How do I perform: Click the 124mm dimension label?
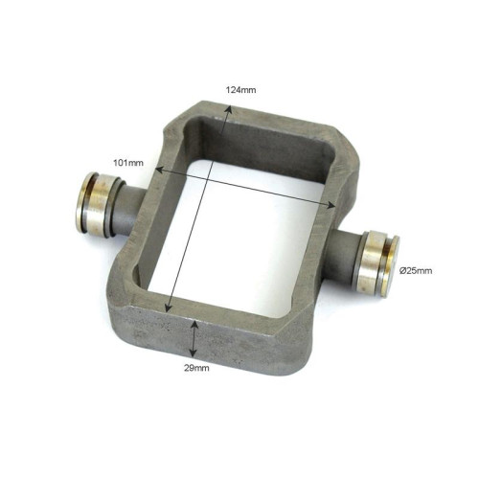click(240, 90)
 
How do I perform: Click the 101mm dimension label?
click(128, 163)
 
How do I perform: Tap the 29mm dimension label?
click(196, 368)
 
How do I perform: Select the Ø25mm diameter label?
click(416, 271)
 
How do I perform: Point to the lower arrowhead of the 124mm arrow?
click(168, 308)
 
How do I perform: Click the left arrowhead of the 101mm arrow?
click(159, 170)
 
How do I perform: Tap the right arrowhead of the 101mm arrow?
click(331, 205)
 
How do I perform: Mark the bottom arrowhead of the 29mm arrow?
click(193, 353)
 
